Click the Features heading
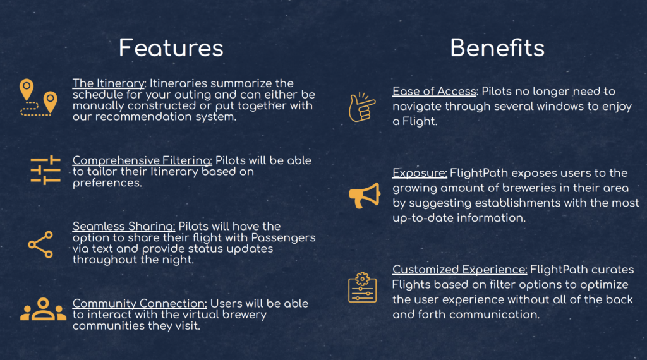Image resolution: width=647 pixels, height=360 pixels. tap(171, 48)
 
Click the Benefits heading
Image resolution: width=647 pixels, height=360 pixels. tap(497, 48)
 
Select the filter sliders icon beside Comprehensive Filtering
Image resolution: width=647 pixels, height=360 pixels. tap(45, 169)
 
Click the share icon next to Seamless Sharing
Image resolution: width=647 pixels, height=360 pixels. tap(40, 244)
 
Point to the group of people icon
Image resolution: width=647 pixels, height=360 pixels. tap(44, 309)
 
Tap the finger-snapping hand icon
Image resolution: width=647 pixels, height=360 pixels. tap(361, 107)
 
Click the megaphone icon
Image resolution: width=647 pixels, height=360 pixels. tap(364, 195)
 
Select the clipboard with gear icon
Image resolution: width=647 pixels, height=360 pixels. tap(362, 288)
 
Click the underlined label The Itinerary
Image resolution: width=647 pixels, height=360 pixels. tap(109, 83)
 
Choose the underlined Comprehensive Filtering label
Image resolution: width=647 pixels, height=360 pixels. tap(142, 160)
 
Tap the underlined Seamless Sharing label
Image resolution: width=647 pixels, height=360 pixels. tap(124, 226)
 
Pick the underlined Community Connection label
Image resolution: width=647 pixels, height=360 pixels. tap(140, 304)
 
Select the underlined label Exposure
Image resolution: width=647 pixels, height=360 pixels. tap(420, 173)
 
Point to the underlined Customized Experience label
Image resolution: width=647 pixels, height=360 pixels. tap(460, 270)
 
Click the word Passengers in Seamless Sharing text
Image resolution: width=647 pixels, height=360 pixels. tap(283, 237)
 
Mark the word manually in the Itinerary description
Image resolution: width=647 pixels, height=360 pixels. tap(98, 106)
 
